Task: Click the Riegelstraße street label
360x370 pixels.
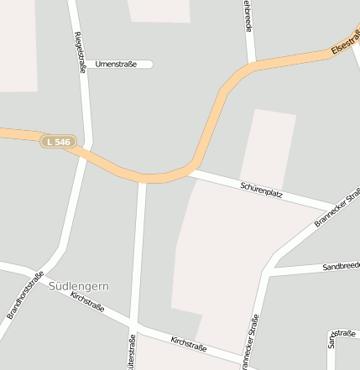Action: [81, 53]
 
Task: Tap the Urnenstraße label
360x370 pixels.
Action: [117, 64]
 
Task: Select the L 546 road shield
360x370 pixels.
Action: [59, 142]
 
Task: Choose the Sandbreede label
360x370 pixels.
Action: [340, 266]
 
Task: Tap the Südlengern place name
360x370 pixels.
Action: [80, 286]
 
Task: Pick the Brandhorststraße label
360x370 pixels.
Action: [25, 294]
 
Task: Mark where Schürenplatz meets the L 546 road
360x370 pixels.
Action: [193, 171]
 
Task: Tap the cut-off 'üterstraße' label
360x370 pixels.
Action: [132, 352]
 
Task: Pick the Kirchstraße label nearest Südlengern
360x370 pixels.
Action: [88, 302]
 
